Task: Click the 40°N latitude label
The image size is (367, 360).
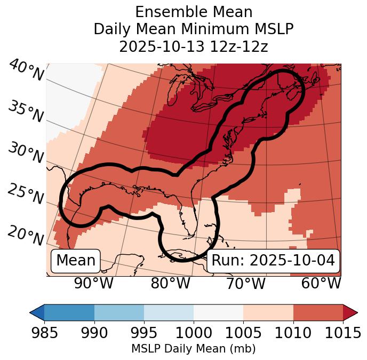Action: pyautogui.click(x=26, y=71)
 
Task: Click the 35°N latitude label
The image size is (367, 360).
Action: pyautogui.click(x=26, y=112)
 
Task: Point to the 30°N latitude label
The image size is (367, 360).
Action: pyautogui.click(x=26, y=153)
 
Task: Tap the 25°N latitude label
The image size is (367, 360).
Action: pyautogui.click(x=26, y=194)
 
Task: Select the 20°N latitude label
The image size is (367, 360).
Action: pyautogui.click(x=26, y=235)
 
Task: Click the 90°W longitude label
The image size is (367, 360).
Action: pyautogui.click(x=93, y=284)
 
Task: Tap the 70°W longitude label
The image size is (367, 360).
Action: pyautogui.click(x=245, y=284)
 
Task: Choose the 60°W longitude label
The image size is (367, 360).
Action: pyautogui.click(x=321, y=284)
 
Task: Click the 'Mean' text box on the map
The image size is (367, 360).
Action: pyautogui.click(x=76, y=261)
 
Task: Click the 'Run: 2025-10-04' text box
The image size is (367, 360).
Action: pyautogui.click(x=273, y=261)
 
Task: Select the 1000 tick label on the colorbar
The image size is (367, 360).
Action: pyautogui.click(x=194, y=333)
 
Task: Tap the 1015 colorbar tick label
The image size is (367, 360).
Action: pyautogui.click(x=343, y=333)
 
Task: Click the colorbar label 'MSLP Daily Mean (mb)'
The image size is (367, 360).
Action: pyautogui.click(x=193, y=349)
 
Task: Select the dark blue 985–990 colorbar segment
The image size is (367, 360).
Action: pyautogui.click(x=69, y=312)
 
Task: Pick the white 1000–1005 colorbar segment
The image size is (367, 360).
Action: pyautogui.click(x=218, y=312)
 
